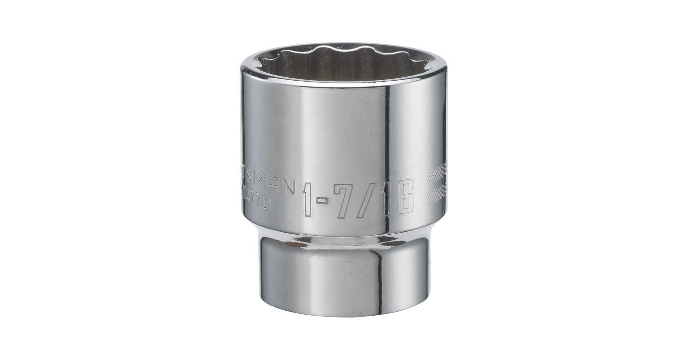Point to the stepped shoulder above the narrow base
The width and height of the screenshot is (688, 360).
pos(344,234)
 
